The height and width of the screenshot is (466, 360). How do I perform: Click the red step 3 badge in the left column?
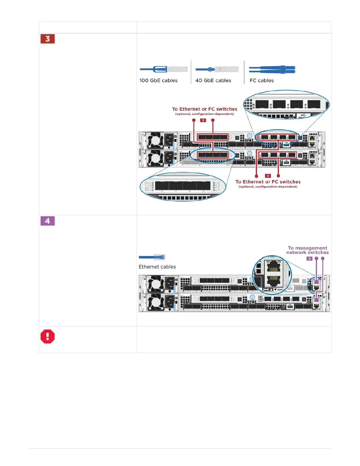[x=48, y=39]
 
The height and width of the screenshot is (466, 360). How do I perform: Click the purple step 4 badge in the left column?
[x=48, y=221]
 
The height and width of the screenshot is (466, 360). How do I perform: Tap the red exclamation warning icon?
[x=48, y=336]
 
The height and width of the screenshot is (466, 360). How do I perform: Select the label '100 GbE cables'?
[x=159, y=81]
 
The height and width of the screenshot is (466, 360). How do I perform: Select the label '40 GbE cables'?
[x=213, y=81]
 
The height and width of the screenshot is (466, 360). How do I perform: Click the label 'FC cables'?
[x=261, y=81]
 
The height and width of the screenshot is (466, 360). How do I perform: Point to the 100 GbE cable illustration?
[x=164, y=69]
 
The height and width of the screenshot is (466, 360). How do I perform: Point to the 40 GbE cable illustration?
[x=217, y=69]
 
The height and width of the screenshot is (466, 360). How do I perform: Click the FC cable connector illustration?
[x=273, y=70]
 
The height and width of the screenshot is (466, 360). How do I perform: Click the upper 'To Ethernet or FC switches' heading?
[x=204, y=109]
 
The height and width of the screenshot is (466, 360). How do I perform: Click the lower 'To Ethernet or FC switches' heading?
[x=268, y=182]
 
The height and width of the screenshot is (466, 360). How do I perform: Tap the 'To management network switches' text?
[x=307, y=250]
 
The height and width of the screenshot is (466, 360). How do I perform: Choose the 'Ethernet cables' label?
[x=157, y=267]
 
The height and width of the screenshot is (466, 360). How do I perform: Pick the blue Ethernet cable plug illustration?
[x=152, y=257]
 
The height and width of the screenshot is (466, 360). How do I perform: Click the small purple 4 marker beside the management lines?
[x=309, y=259]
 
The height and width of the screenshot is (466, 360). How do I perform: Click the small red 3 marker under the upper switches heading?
[x=203, y=120]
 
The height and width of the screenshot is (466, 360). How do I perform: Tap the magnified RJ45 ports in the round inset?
[x=274, y=273]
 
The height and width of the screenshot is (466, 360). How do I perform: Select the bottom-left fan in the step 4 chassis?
[x=155, y=302]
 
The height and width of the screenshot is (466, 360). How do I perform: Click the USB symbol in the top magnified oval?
[x=304, y=115]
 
